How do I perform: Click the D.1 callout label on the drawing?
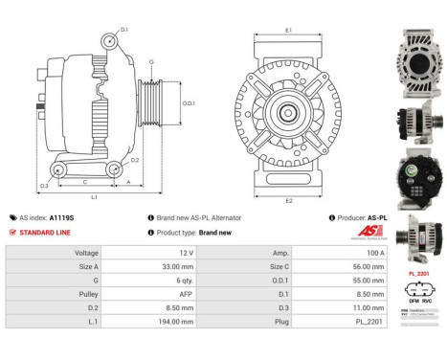point(124,30)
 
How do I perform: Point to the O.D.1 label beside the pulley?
point(190,103)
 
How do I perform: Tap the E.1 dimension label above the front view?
point(288,31)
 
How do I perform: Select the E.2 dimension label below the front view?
point(288,200)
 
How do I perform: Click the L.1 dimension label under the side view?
point(94,197)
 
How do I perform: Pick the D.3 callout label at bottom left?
point(44,185)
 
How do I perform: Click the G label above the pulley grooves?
point(151,62)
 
